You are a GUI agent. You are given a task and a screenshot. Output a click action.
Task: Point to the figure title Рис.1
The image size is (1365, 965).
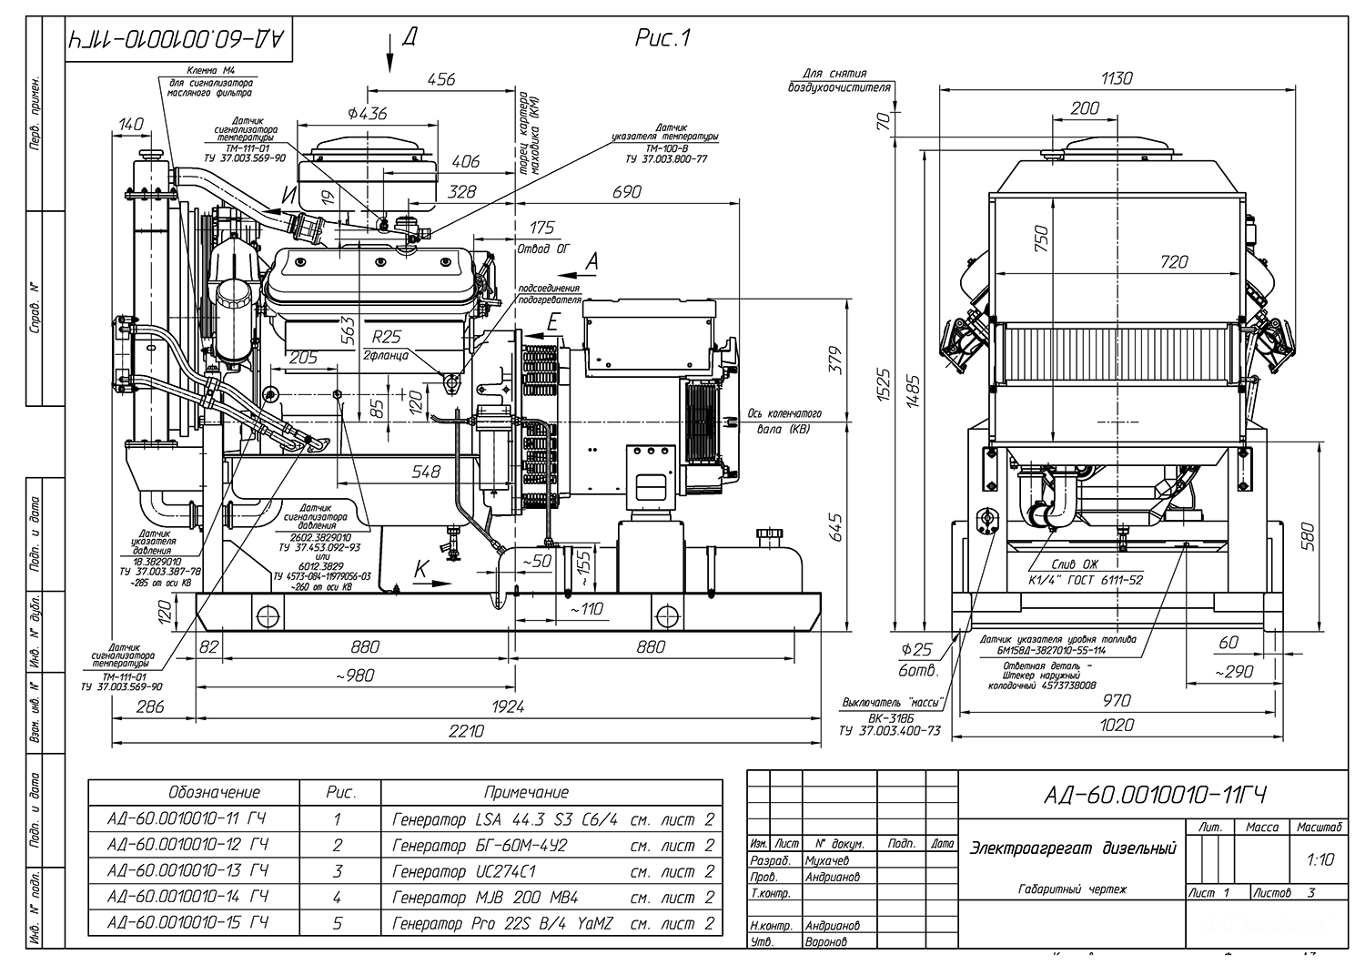click(x=662, y=38)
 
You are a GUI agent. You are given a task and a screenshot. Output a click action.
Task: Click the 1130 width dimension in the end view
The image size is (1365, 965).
click(x=1117, y=78)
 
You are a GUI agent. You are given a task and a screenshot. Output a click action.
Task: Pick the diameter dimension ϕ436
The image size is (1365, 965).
click(x=367, y=114)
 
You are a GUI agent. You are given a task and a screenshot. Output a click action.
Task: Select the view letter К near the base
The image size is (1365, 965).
click(x=421, y=568)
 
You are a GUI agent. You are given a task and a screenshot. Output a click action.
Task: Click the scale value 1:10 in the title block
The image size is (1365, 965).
click(x=1319, y=859)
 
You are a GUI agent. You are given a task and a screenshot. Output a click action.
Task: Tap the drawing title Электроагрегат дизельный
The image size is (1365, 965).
click(x=1074, y=848)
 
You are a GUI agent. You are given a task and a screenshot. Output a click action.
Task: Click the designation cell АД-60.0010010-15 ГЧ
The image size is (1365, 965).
click(x=187, y=922)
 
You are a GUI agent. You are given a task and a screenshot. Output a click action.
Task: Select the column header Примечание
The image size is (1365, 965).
click(x=526, y=792)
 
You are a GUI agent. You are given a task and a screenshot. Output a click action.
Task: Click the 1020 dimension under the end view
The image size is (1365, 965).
click(x=1117, y=725)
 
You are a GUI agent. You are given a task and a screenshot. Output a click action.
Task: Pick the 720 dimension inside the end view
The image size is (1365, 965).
click(x=1174, y=262)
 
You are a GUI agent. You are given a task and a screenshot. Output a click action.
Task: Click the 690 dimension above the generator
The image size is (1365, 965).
click(x=626, y=192)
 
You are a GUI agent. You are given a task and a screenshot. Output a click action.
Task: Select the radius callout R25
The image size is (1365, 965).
click(x=386, y=338)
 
